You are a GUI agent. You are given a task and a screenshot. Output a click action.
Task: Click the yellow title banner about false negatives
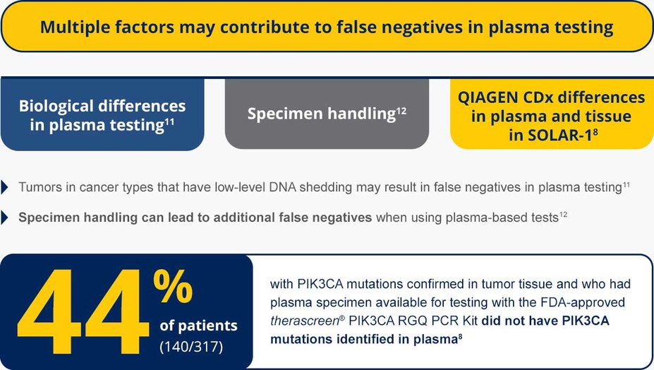327,28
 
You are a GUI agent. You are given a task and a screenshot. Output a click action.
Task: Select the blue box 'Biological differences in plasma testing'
102,114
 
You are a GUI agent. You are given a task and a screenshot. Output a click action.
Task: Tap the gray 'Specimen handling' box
327,114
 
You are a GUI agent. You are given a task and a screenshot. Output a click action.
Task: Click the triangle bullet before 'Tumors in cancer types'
6,188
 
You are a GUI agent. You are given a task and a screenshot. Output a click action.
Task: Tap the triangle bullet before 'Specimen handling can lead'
6,217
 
